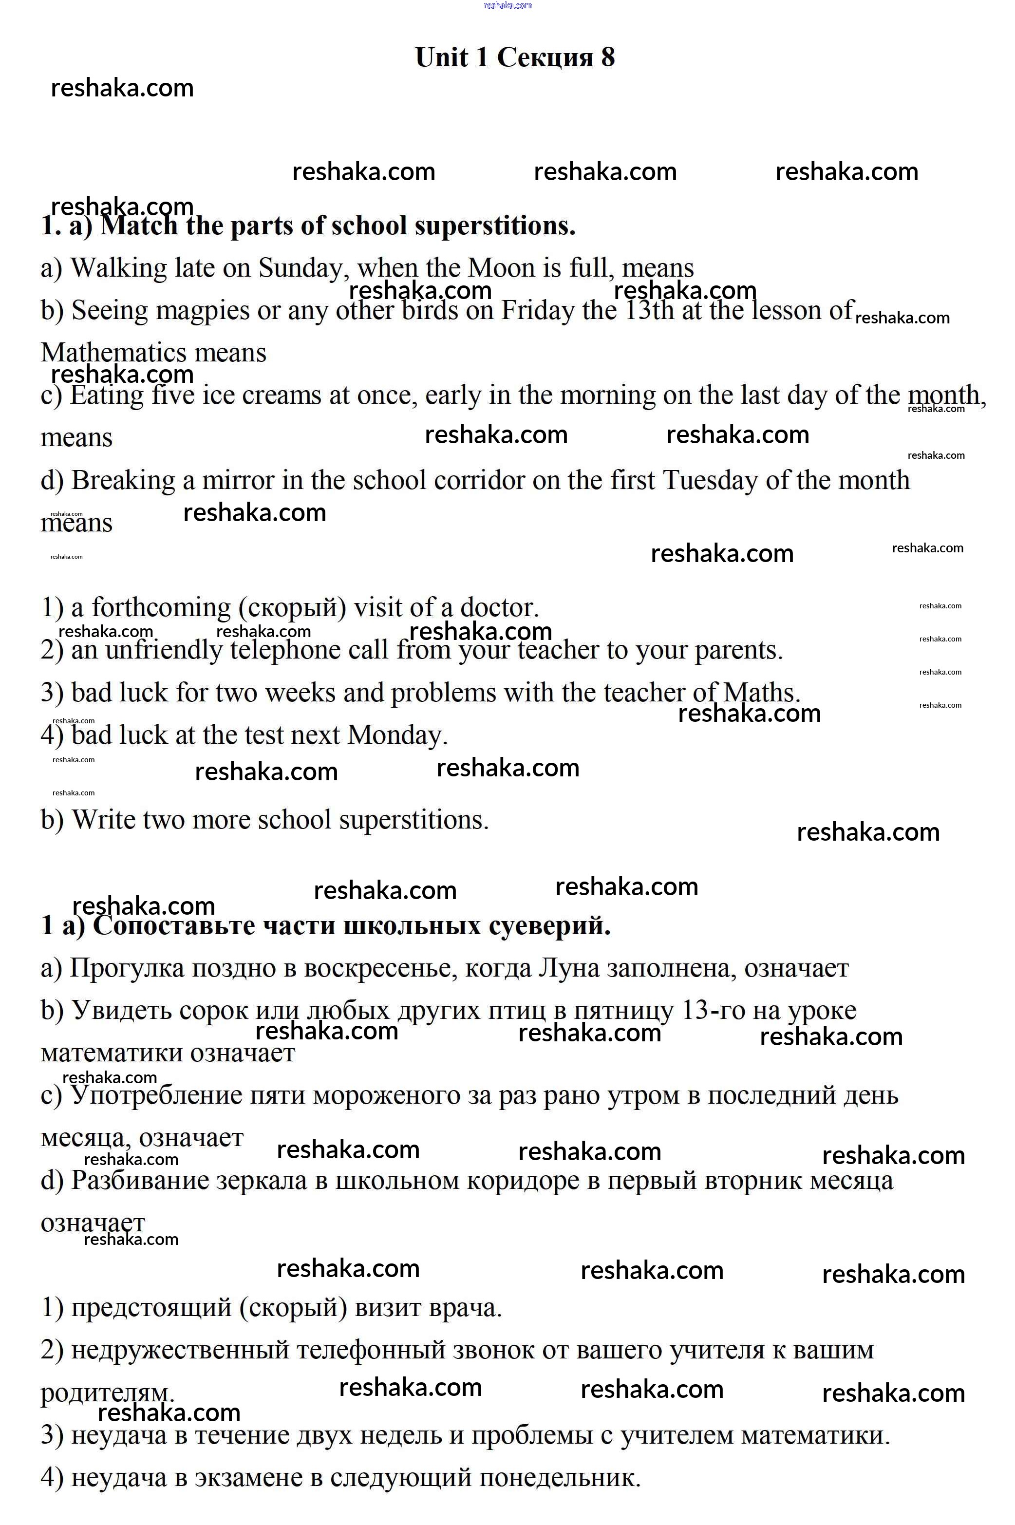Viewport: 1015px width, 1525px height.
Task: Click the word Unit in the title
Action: pos(441,57)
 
